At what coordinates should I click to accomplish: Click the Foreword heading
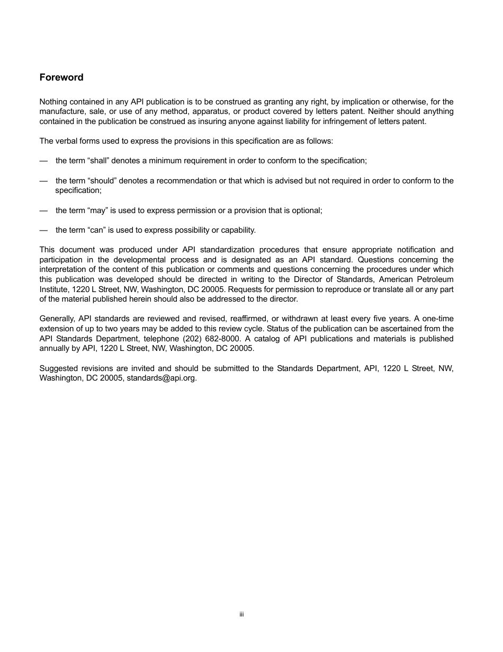[x=61, y=77]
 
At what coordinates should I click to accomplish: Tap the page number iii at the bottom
[x=241, y=614]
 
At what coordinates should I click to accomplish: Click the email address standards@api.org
[x=161, y=378]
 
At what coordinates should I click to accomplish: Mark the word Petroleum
[x=436, y=279]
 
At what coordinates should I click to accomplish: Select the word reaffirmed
[x=246, y=319]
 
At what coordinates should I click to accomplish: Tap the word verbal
[x=65, y=141]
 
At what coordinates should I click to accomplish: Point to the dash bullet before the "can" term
[x=43, y=230]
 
